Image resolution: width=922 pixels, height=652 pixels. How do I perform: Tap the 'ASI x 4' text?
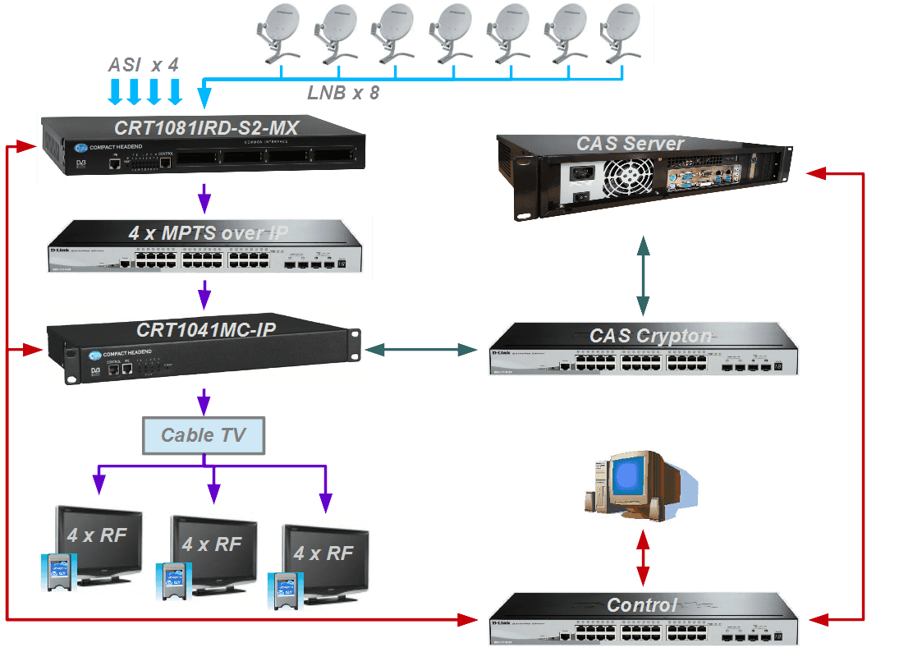pyautogui.click(x=144, y=64)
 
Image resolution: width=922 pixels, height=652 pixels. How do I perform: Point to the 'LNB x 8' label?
pyautogui.click(x=343, y=93)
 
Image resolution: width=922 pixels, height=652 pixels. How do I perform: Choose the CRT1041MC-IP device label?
pyautogui.click(x=206, y=330)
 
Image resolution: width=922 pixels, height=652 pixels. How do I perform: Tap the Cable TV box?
pyautogui.click(x=204, y=435)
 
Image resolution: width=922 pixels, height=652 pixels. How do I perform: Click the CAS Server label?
pyautogui.click(x=631, y=145)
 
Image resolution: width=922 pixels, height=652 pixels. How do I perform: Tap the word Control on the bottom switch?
pyautogui.click(x=642, y=605)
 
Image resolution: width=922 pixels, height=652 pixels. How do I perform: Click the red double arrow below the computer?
pyautogui.click(x=643, y=558)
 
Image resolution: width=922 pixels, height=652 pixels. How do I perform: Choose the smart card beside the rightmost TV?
pyautogui.click(x=284, y=590)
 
